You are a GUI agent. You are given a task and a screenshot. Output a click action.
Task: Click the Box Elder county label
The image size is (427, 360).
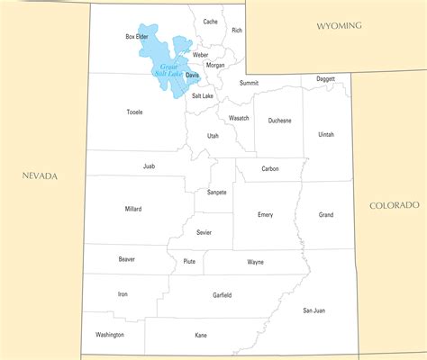tap(136, 37)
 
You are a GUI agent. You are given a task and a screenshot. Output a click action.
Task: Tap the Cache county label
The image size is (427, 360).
tap(210, 22)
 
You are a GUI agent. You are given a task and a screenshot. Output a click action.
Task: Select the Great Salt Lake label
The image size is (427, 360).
tap(168, 70)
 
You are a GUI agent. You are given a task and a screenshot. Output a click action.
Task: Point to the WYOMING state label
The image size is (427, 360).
tap(339, 26)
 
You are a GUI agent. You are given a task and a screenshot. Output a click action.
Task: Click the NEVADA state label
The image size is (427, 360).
tap(40, 175)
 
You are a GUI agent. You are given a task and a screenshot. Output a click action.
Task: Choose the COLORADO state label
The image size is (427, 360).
tap(394, 205)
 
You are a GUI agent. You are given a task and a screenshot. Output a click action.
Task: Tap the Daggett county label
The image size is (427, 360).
tap(325, 79)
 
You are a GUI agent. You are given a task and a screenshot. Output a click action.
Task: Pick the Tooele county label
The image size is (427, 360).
tap(134, 112)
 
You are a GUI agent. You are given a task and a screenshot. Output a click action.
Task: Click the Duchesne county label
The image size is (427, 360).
tap(279, 120)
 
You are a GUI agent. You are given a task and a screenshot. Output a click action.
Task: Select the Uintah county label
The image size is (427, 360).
tap(325, 134)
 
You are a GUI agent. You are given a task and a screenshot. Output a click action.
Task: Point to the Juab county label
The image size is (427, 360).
tap(149, 166)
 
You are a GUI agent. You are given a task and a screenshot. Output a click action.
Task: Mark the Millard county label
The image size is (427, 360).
tap(133, 209)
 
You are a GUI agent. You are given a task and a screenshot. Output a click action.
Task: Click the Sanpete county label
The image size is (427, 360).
tap(217, 192)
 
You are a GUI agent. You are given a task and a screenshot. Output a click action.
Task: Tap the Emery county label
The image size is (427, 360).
tap(265, 214)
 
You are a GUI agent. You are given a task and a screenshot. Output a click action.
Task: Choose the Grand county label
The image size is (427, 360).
tap(325, 215)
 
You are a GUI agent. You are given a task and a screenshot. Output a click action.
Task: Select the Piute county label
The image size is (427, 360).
tap(189, 262)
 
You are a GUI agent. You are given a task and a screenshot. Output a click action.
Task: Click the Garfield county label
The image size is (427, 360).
tap(222, 295)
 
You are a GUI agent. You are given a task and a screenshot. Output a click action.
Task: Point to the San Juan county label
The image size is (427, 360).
tap(313, 310)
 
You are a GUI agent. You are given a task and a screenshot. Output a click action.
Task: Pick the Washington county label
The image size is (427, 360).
tap(109, 335)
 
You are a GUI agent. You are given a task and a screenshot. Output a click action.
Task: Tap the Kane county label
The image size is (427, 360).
tap(200, 335)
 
